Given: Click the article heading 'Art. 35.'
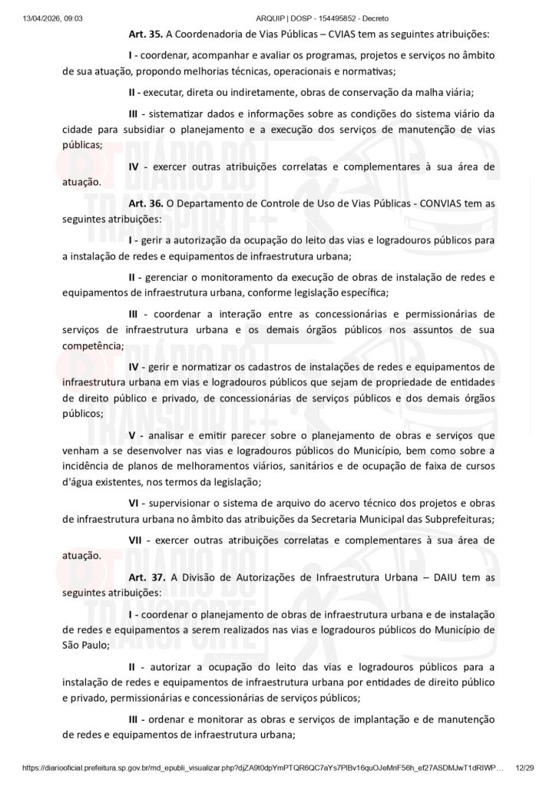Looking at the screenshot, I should pos(146,35).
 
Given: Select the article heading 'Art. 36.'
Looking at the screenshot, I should pos(146,203).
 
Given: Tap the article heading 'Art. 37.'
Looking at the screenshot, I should pos(146,577).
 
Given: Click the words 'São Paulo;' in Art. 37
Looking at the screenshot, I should pos(85,645).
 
